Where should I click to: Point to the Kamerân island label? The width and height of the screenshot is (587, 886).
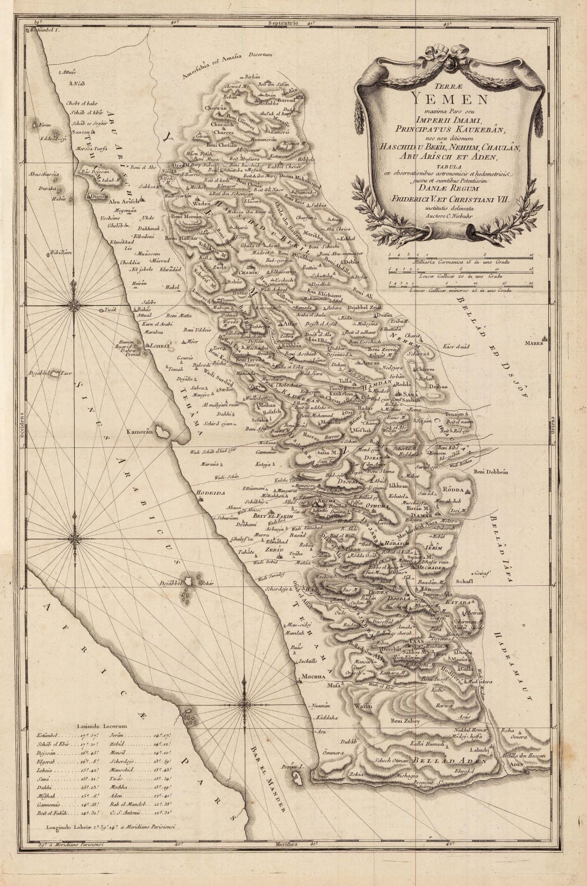tap(138, 430)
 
